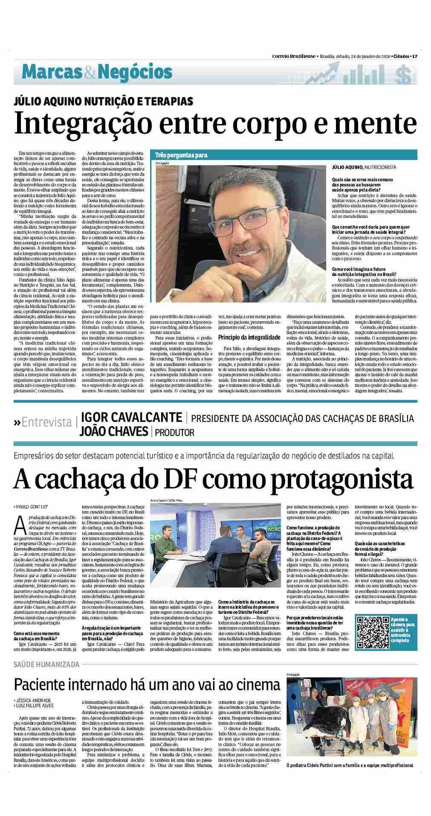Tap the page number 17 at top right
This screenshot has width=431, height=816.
tap(414, 56)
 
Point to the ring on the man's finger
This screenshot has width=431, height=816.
tap(227, 276)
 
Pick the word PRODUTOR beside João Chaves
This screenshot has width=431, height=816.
tap(175, 433)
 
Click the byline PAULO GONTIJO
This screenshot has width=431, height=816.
tap(33, 506)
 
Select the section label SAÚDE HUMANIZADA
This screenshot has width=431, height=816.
tap(46, 664)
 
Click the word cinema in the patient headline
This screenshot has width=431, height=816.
tap(249, 684)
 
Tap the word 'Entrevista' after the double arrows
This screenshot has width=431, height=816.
tap(47, 422)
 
